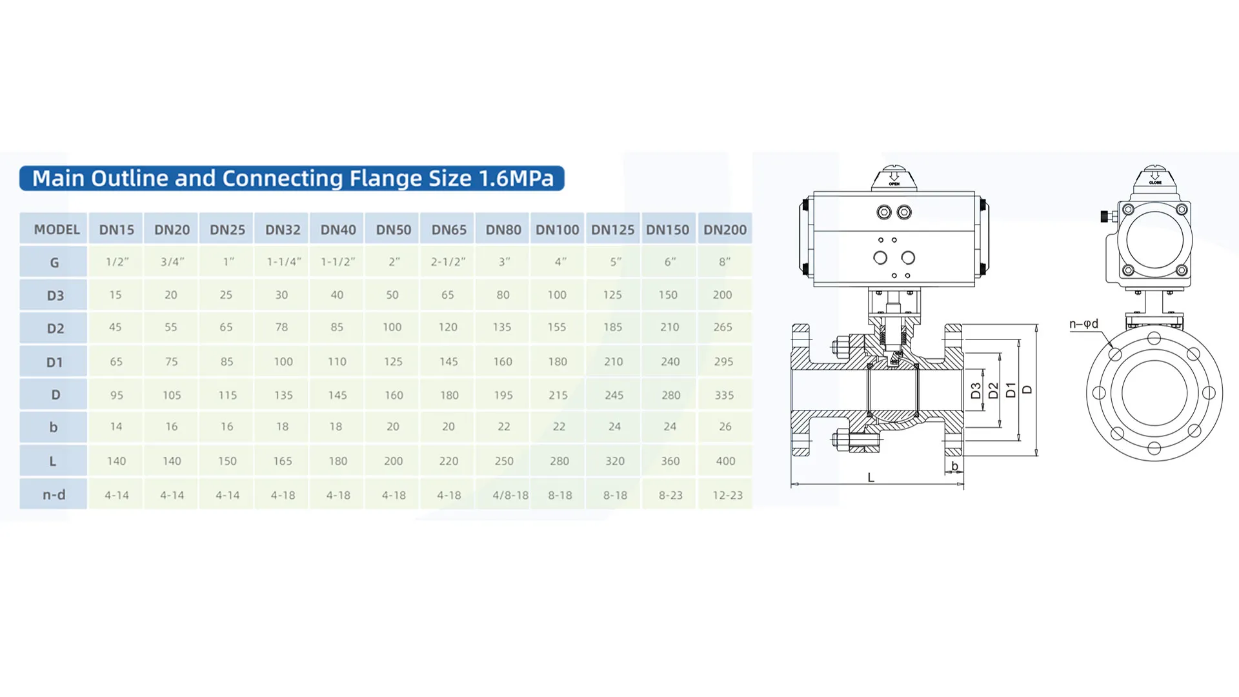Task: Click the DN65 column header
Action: click(x=448, y=230)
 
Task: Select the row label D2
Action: click(x=55, y=328)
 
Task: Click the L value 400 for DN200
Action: click(x=725, y=461)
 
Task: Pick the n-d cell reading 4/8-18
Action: click(x=510, y=495)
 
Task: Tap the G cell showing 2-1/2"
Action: click(x=448, y=262)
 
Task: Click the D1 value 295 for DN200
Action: click(x=723, y=361)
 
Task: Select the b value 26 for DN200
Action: click(x=725, y=427)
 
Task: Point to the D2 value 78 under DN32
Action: click(x=281, y=327)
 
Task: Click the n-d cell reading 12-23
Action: click(x=727, y=495)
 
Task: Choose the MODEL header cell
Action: click(x=57, y=230)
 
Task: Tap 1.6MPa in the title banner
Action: click(x=516, y=178)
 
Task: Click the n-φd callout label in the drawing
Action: click(x=1083, y=324)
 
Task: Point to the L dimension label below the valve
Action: click(x=871, y=478)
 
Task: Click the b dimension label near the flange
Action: click(x=954, y=466)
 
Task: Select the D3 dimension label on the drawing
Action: click(x=976, y=390)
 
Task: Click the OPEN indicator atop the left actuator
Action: click(x=894, y=178)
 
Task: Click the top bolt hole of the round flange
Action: click(x=1154, y=338)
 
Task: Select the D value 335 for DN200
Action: click(x=724, y=395)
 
